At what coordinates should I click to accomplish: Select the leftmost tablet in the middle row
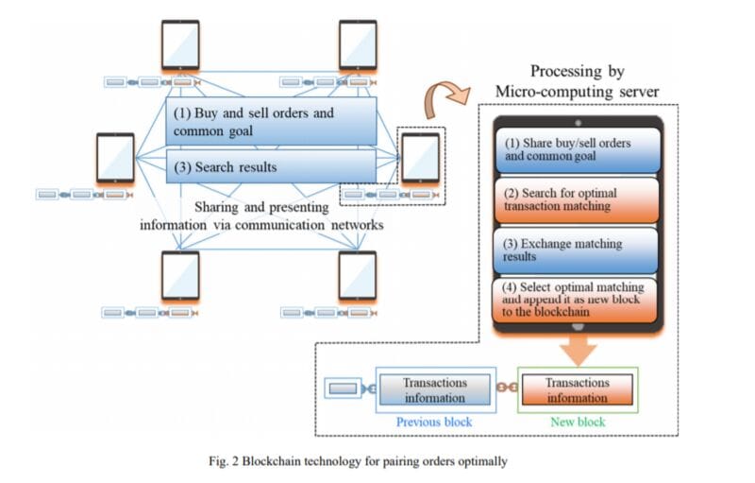115,158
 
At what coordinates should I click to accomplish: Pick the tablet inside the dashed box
420,158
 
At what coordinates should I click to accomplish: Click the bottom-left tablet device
179,275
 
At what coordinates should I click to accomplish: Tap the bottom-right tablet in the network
359,275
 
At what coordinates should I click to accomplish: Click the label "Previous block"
433,422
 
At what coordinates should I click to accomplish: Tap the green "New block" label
578,422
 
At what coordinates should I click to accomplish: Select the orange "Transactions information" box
579,389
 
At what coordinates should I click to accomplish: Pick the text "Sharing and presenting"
253,207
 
